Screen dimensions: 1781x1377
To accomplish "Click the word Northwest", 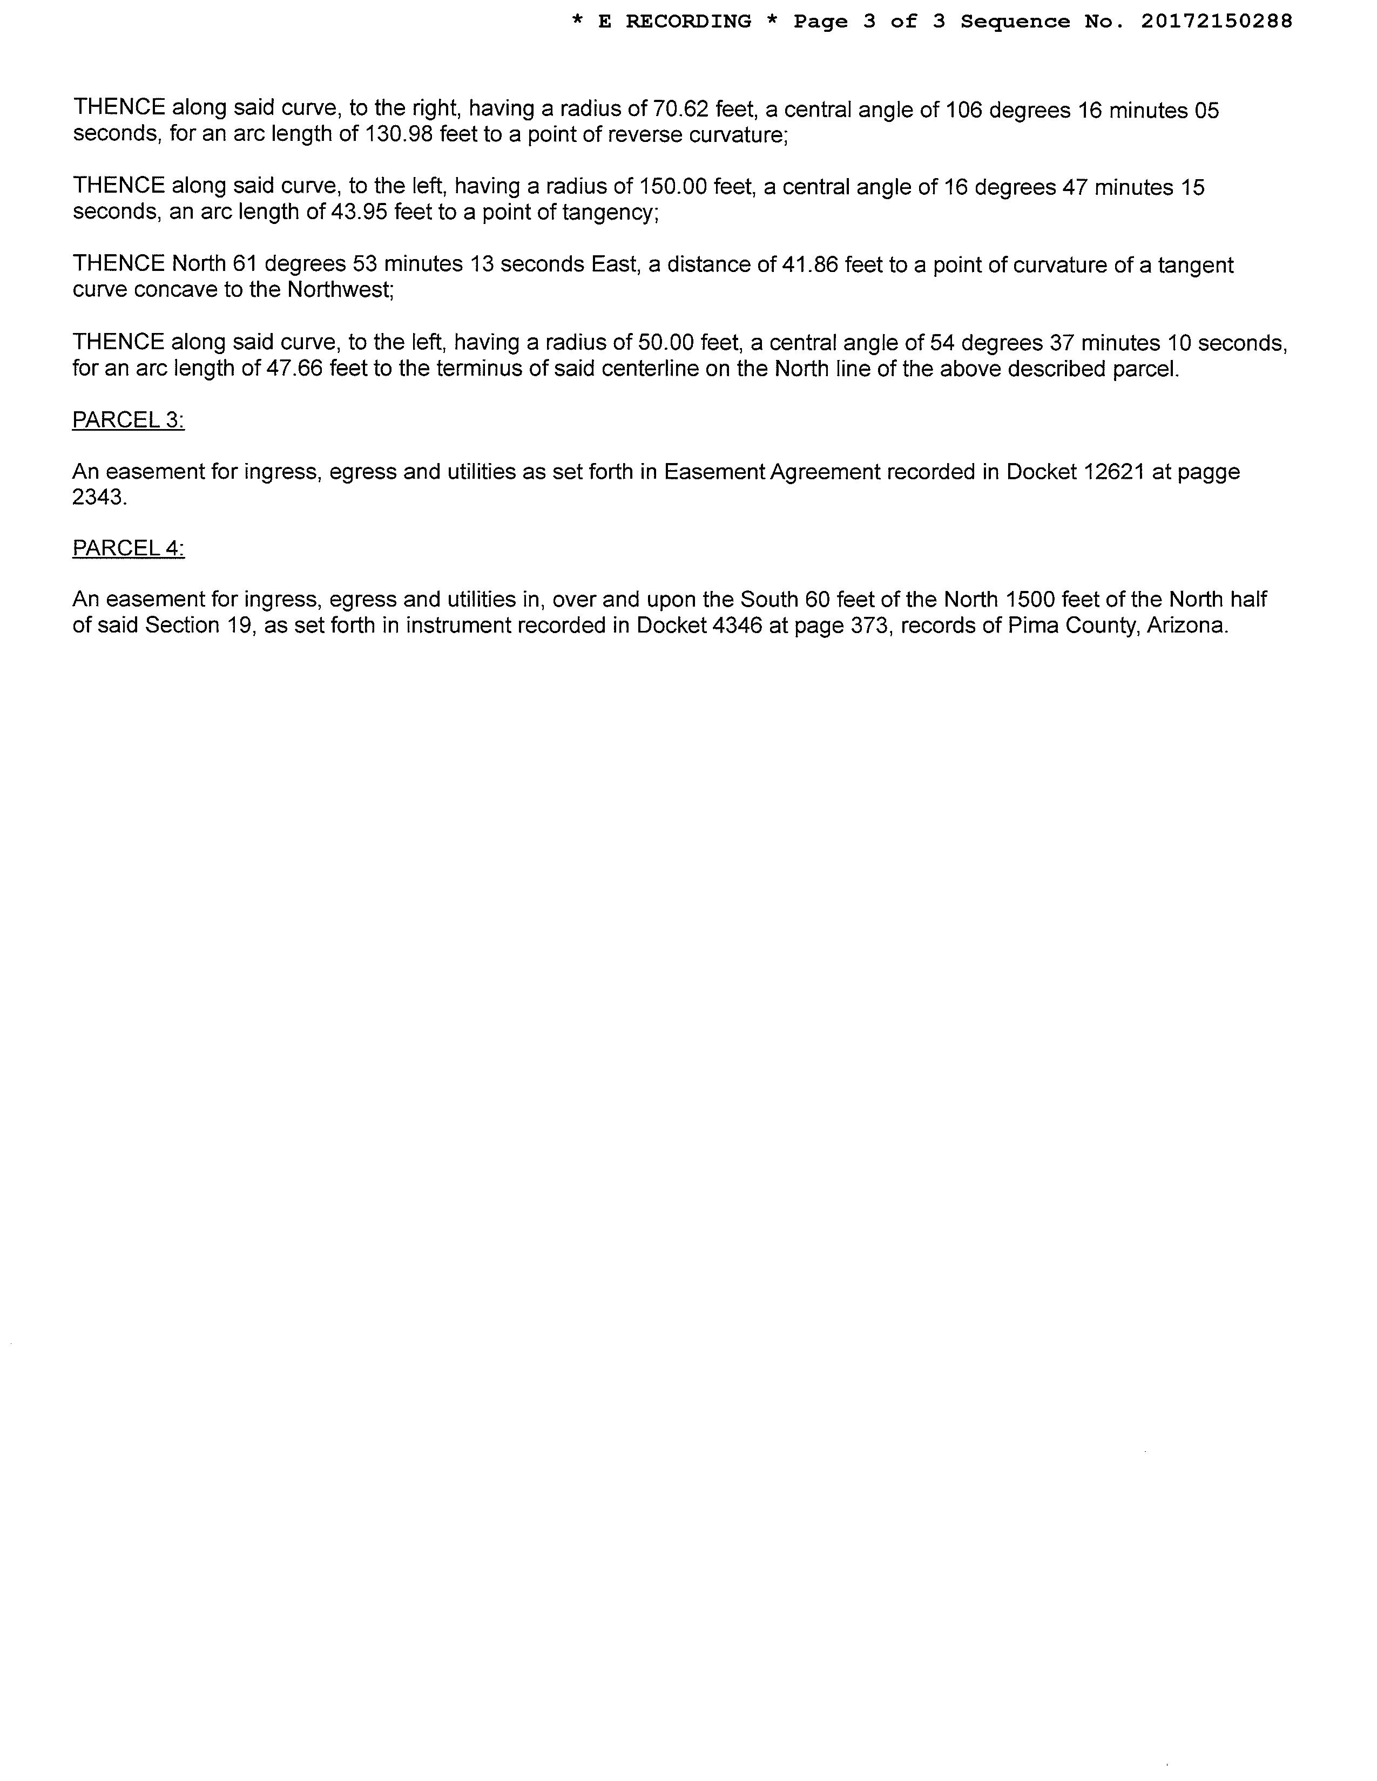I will (339, 290).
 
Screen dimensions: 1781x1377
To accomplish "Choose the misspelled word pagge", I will (1210, 473).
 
